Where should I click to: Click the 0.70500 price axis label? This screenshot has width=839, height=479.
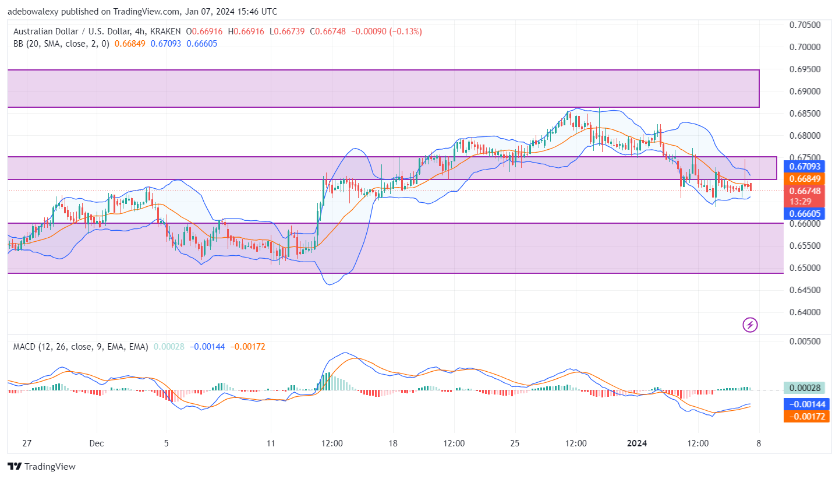click(805, 25)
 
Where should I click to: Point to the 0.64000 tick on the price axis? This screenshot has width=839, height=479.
click(805, 312)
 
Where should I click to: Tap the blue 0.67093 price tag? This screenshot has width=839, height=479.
click(805, 167)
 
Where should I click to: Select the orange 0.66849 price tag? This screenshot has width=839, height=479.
click(805, 178)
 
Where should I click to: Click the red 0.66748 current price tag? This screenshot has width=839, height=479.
click(805, 191)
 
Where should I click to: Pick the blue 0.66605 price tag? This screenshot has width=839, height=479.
click(805, 213)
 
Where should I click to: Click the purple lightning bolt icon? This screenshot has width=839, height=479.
click(751, 325)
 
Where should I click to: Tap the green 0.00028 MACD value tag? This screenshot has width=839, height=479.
click(805, 388)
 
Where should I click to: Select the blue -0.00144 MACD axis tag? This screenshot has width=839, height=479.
click(805, 404)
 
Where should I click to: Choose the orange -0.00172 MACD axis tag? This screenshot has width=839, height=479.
click(805, 415)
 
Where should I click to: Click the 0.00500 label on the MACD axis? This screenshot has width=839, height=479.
click(805, 341)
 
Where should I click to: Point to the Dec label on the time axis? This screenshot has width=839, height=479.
click(97, 443)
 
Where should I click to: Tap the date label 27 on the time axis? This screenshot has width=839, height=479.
click(27, 443)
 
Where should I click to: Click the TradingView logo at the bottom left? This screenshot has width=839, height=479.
click(41, 466)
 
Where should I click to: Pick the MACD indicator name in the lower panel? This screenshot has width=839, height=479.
click(24, 347)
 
